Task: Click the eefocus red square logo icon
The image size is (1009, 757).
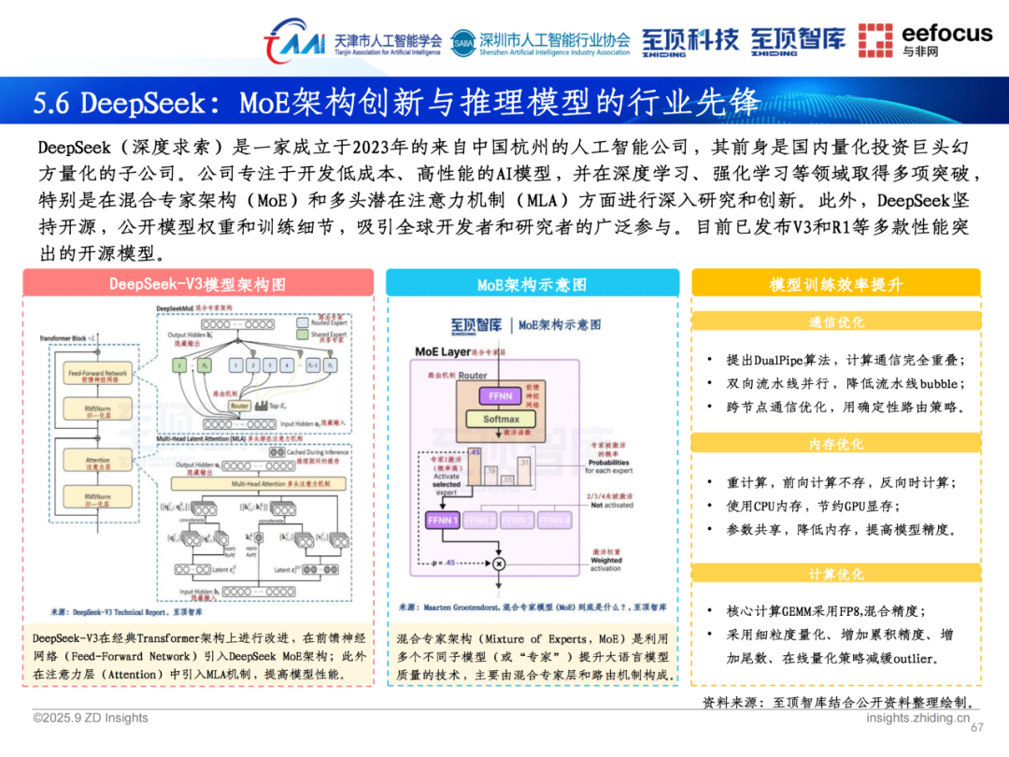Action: tap(875, 40)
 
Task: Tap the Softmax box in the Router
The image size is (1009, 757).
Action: tap(501, 420)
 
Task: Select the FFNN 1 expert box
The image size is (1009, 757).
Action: tap(443, 520)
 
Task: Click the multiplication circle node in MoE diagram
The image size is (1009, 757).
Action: tap(498, 564)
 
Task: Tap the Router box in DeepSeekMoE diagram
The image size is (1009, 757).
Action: tap(240, 407)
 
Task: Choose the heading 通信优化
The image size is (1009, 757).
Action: tap(836, 322)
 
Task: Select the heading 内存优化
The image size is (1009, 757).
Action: tap(836, 445)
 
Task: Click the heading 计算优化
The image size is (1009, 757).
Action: tap(836, 574)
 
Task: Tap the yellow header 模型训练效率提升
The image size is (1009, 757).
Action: tap(836, 284)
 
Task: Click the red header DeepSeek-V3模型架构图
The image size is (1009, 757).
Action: tap(197, 284)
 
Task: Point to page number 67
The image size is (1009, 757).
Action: tap(978, 729)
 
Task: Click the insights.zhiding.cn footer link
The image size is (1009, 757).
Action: tap(917, 718)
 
